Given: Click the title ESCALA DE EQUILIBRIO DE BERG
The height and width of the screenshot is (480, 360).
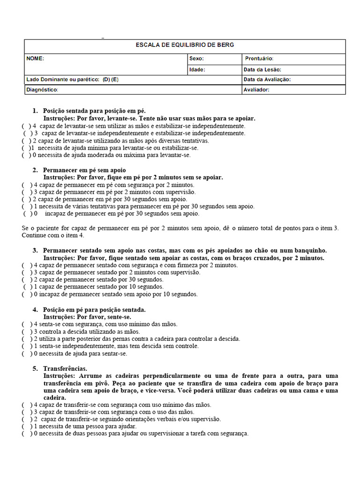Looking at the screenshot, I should click(x=185, y=45).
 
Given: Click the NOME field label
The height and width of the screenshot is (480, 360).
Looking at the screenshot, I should click(x=35, y=59).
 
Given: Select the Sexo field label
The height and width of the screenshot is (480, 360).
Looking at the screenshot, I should click(x=196, y=59).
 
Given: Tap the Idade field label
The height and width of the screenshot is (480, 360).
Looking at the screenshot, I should click(x=197, y=69).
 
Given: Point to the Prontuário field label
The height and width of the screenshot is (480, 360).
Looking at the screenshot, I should click(x=259, y=59).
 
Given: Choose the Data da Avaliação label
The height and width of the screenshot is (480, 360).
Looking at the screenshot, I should click(x=267, y=80).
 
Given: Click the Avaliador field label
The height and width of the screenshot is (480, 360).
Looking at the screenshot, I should click(x=256, y=90).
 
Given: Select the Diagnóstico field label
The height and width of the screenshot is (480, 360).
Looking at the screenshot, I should click(x=42, y=90).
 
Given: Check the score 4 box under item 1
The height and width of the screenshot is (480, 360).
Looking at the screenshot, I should click(x=26, y=126).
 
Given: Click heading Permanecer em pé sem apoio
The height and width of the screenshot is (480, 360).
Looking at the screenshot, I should click(x=84, y=170).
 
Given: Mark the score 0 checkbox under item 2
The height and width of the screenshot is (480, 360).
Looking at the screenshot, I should click(x=28, y=213).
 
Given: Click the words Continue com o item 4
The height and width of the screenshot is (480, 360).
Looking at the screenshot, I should click(x=53, y=235).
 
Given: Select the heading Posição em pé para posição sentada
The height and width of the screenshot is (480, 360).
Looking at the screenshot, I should click(x=94, y=309).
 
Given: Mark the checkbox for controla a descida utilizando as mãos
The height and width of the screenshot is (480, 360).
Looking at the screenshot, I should click(x=26, y=331).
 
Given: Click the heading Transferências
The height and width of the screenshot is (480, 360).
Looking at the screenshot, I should click(x=65, y=368).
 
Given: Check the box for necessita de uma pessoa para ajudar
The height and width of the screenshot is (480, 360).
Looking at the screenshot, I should click(x=26, y=427).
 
